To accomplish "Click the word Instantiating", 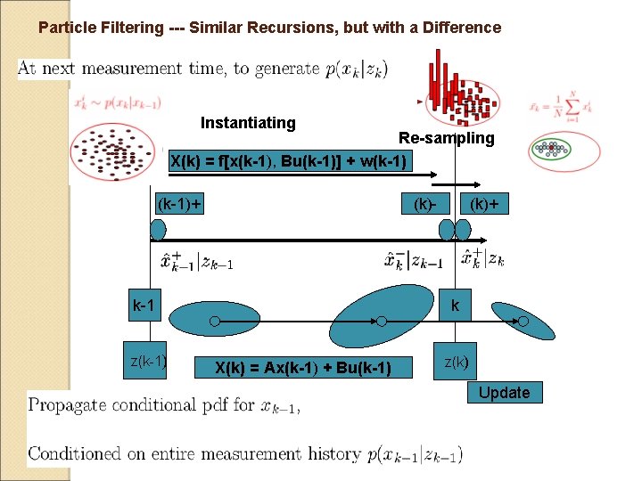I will [x=248, y=123].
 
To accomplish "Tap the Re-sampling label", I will [x=446, y=138].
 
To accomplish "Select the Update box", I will [x=504, y=393].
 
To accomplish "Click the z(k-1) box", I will [x=147, y=362].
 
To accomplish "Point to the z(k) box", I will [x=455, y=362].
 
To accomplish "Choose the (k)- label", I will [x=424, y=204].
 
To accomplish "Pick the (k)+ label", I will [x=483, y=204].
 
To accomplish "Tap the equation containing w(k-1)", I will [x=289, y=161].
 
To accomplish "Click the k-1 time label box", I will [x=144, y=306].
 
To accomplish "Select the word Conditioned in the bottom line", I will [x=79, y=454].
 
